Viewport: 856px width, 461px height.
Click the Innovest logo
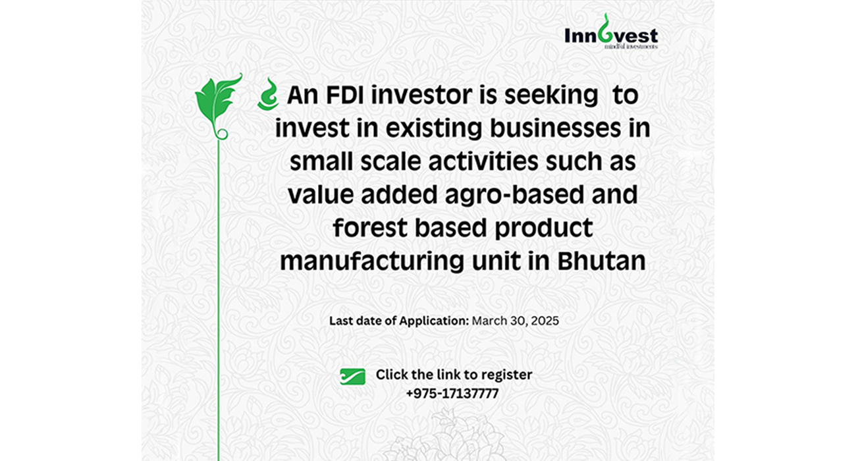tap(611, 32)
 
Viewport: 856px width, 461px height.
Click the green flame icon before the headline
tap(268, 94)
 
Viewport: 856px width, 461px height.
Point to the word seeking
tap(551, 95)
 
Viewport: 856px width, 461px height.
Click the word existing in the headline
tap(434, 128)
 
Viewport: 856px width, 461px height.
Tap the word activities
tap(483, 162)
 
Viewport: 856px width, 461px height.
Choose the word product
tap(543, 229)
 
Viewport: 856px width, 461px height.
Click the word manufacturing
tap(372, 262)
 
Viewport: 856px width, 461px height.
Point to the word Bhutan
tap(601, 261)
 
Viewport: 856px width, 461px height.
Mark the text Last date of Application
tap(399, 321)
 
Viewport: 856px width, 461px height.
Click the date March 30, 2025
tap(515, 321)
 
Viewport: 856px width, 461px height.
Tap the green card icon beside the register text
tap(352, 377)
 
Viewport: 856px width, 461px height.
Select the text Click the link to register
tap(454, 375)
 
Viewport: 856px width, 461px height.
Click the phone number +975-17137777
tap(452, 393)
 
